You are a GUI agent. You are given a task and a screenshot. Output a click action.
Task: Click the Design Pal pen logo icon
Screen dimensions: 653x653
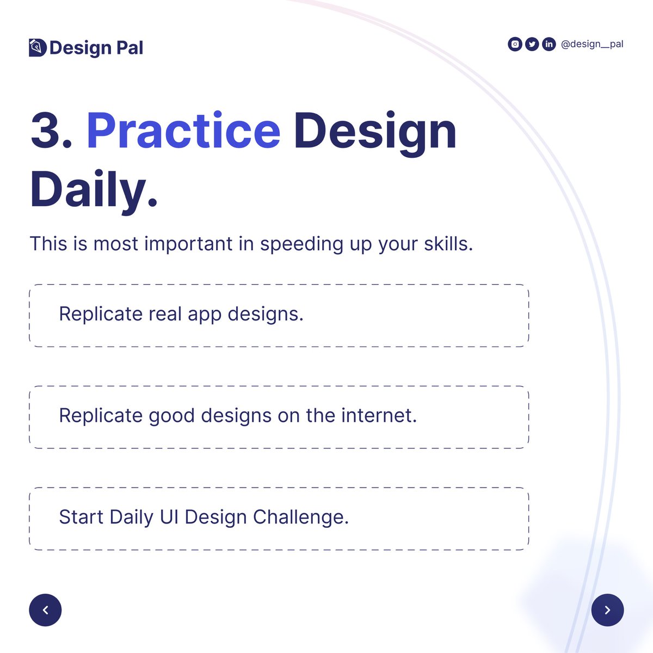[x=37, y=47]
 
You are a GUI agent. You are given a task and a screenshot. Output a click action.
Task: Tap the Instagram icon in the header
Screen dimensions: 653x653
[x=515, y=44]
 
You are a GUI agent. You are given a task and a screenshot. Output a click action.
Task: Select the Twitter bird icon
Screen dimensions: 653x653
[x=532, y=44]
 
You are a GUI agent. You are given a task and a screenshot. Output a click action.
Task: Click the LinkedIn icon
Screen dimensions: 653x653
[x=549, y=44]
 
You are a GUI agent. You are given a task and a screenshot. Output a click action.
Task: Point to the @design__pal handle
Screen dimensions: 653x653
[x=592, y=44]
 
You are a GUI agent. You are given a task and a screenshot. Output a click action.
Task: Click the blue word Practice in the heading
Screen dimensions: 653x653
[x=183, y=131]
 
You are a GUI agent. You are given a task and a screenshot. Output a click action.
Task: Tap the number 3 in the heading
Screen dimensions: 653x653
[x=46, y=131]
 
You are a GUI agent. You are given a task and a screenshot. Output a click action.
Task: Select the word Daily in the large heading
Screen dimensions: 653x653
[x=87, y=190]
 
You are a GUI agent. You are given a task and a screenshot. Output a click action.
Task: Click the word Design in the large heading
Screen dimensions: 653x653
[x=375, y=131]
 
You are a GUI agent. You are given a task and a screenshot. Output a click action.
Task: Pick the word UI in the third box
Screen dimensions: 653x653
[x=169, y=517]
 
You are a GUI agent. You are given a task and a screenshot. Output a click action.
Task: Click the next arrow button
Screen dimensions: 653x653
[x=607, y=610]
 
